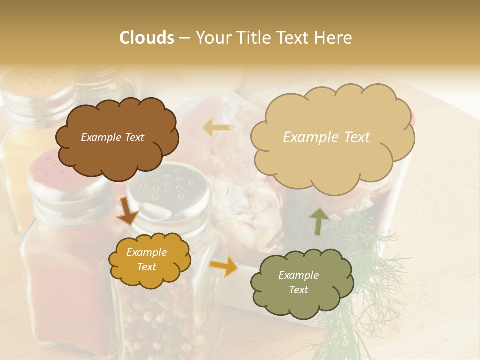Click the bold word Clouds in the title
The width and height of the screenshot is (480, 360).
pyautogui.click(x=147, y=38)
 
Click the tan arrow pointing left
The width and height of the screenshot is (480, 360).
pyautogui.click(x=216, y=128)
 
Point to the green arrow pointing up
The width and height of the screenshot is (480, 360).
pyautogui.click(x=318, y=221)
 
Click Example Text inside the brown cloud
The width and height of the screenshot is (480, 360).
pyautogui.click(x=112, y=137)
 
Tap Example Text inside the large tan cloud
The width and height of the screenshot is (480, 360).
pyautogui.click(x=326, y=137)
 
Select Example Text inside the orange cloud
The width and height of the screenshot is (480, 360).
pyautogui.click(x=146, y=259)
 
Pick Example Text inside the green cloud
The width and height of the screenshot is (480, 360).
pyautogui.click(x=298, y=282)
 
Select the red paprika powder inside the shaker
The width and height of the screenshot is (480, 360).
pyautogui.click(x=65, y=280)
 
